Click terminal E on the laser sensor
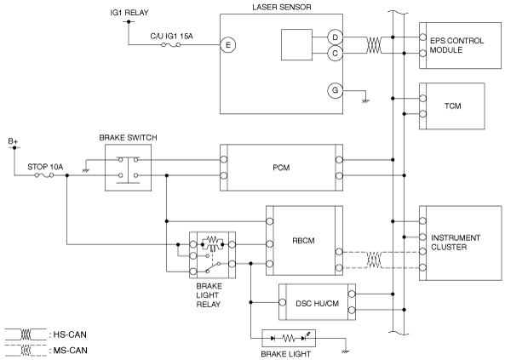point(228,45)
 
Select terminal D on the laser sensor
point(335,37)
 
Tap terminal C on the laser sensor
point(335,53)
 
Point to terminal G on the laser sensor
point(335,90)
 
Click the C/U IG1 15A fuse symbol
point(170,45)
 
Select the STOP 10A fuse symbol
point(44,175)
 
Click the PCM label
point(281,168)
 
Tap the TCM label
point(452,106)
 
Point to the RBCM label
point(303,241)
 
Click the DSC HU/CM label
point(318,303)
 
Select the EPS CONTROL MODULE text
point(456,45)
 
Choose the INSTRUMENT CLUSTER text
point(456,243)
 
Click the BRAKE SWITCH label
point(129,138)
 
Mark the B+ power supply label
point(14,141)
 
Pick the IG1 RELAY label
point(129,13)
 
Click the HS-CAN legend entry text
point(70,334)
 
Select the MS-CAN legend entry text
point(70,351)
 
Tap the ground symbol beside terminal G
point(365,101)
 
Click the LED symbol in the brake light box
point(305,337)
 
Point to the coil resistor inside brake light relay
point(212,239)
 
